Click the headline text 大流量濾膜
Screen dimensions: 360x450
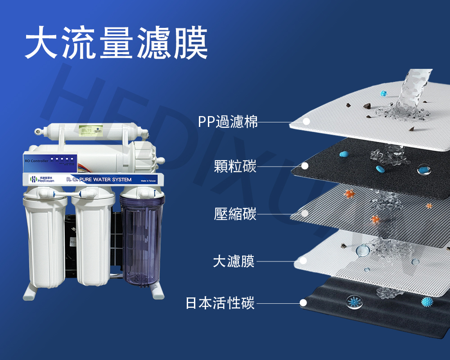click(116, 44)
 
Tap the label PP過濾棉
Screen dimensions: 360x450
click(228, 121)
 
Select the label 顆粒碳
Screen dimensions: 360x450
click(235, 166)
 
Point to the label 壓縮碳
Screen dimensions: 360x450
click(235, 213)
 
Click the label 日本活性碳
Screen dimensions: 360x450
click(220, 303)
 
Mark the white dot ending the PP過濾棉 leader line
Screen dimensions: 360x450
click(306, 121)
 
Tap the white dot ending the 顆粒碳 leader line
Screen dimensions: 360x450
click(305, 166)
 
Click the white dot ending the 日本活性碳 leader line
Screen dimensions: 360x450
click(304, 303)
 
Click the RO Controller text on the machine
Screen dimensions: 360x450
click(37, 160)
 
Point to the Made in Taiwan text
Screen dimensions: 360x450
click(148, 180)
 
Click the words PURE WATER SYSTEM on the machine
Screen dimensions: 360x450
click(106, 180)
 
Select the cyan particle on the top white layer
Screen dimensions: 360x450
click(383, 94)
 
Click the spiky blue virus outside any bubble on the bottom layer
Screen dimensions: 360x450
click(426, 301)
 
